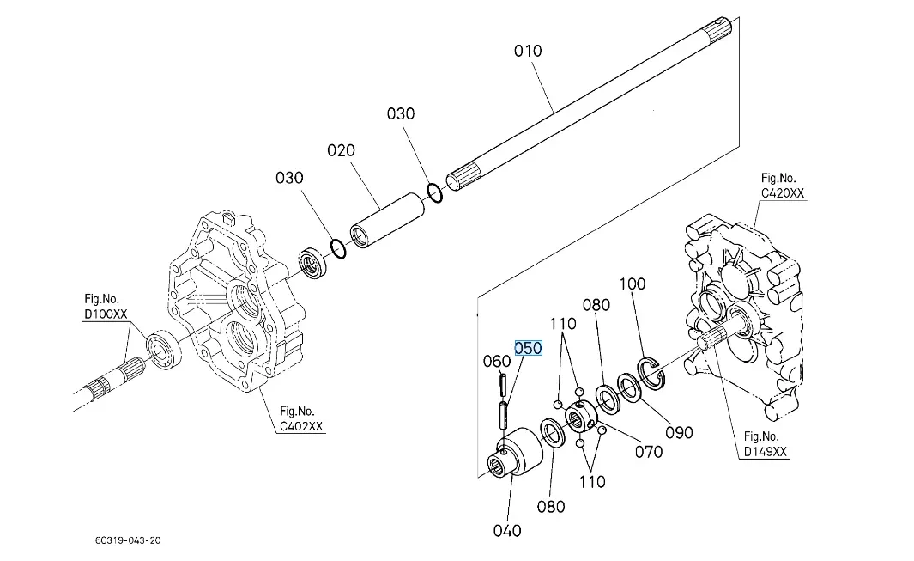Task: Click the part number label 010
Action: [x=528, y=51]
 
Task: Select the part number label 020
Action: [x=341, y=151]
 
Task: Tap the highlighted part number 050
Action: [x=528, y=347]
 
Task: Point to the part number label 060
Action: [x=497, y=362]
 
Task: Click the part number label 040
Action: [x=507, y=530]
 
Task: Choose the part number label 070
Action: [x=648, y=450]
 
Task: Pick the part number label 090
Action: [x=679, y=432]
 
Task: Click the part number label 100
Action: [x=632, y=284]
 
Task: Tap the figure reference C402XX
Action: [x=301, y=426]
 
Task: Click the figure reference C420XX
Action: [x=783, y=194]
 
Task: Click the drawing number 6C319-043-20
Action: [x=128, y=540]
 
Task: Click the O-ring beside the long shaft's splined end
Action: [x=435, y=192]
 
